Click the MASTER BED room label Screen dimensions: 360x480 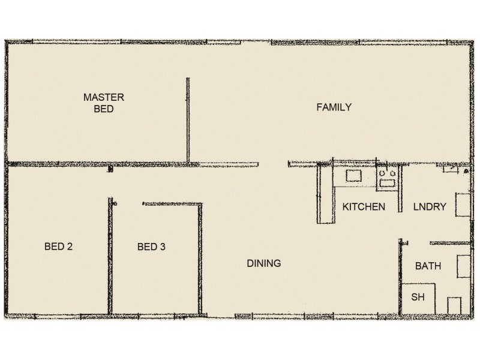click(x=104, y=103)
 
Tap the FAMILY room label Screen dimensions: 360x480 click(x=334, y=107)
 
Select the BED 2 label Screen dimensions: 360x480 click(x=59, y=246)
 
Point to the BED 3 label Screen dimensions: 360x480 click(x=151, y=246)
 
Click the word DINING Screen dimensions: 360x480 click(x=264, y=263)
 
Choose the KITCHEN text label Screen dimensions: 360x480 click(x=364, y=207)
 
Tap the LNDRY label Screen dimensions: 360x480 click(x=430, y=207)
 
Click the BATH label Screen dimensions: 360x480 click(x=428, y=265)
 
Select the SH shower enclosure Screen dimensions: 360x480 click(x=418, y=298)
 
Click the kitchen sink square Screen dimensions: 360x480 click(x=353, y=175)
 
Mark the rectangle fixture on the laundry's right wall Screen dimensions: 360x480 click(x=463, y=205)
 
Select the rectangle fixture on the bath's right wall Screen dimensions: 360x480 click(x=463, y=266)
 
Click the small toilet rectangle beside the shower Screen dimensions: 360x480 click(x=454, y=305)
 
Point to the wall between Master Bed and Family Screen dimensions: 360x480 click(x=188, y=120)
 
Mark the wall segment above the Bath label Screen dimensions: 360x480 click(x=450, y=244)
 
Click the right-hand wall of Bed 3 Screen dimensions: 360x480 click(x=200, y=258)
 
